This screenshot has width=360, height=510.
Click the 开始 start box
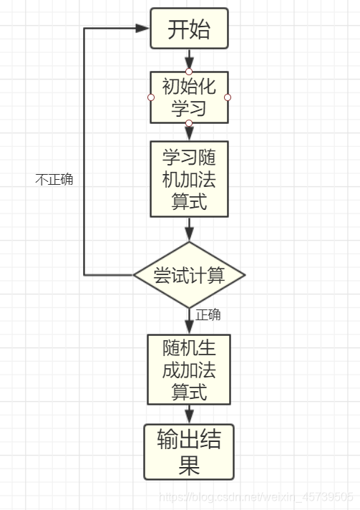coord(189,29)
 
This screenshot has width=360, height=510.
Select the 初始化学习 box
coord(189,97)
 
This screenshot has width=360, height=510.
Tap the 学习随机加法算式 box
coord(189,179)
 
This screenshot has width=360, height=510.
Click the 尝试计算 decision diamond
coord(189,275)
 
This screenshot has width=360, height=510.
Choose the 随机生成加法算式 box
coord(189,370)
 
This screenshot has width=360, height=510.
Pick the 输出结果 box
coord(189,452)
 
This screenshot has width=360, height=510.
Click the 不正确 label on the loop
coord(54,180)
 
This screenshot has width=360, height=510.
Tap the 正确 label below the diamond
coord(208,315)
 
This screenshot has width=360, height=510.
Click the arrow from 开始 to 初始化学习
coord(189,59)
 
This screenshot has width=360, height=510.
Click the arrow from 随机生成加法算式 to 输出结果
coord(189,414)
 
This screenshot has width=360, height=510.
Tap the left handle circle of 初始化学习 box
coord(150,97)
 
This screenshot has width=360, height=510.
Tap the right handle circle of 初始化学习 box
coord(228,97)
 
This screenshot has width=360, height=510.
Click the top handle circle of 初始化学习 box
coord(189,72)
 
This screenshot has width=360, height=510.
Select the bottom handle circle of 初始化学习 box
coord(189,123)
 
